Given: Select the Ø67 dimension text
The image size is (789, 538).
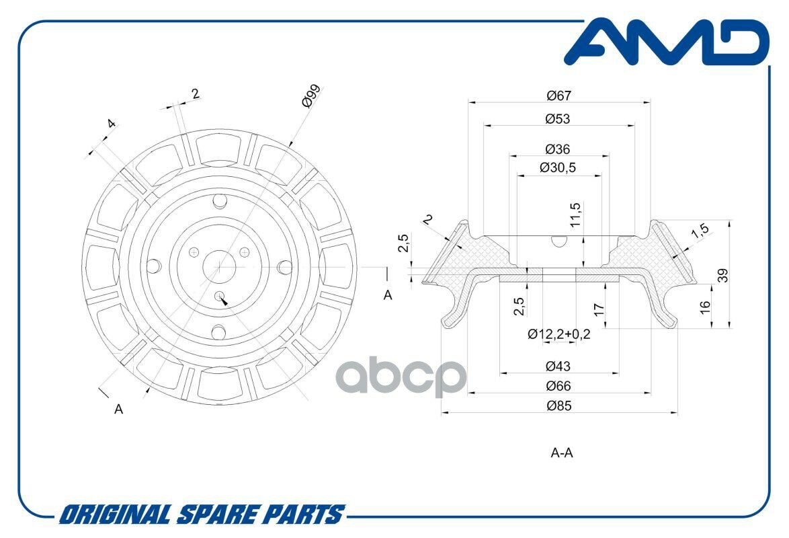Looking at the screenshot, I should tap(558, 96).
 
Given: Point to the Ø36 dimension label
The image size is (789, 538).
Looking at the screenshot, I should tap(558, 149).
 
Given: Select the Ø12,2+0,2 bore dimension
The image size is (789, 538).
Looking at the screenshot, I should tap(559, 334).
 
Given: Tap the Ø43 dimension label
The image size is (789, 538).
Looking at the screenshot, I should tap(558, 367).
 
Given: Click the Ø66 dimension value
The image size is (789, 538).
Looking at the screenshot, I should tap(558, 386).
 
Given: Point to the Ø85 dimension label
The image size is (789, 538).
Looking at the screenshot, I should tap(558, 406).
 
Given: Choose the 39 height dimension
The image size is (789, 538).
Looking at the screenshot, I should tap(723, 275).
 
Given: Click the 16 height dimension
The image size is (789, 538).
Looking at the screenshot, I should tap(704, 307).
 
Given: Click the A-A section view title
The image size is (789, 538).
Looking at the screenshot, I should tap(562, 453).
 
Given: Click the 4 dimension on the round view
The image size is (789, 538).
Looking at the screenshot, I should tap(111, 124).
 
